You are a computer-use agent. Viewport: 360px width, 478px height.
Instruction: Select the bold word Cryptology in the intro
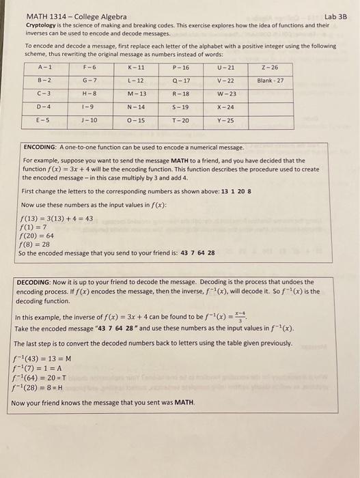coord(40,25)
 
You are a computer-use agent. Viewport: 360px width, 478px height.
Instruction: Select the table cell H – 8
coord(89,94)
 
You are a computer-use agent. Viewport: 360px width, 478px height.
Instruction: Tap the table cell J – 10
coord(89,119)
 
